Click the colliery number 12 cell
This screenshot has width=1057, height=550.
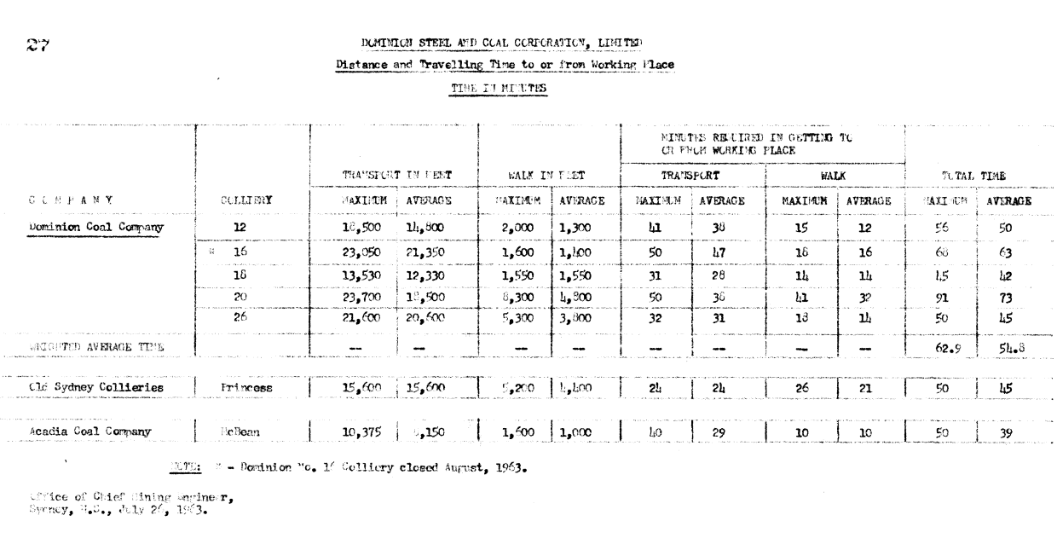point(240,229)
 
